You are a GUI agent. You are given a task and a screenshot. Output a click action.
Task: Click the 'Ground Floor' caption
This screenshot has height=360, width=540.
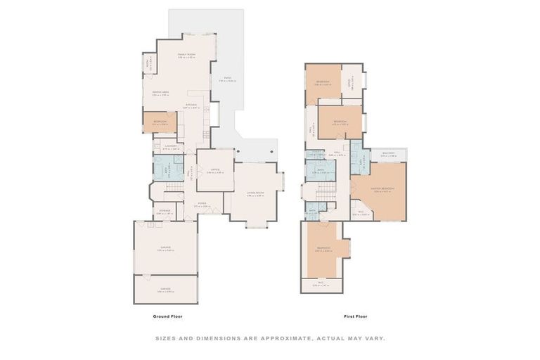[168, 316]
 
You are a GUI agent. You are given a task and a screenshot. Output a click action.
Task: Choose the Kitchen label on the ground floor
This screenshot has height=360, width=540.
[191, 105]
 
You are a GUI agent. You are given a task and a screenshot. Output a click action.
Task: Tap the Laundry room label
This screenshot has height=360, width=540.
[171, 147]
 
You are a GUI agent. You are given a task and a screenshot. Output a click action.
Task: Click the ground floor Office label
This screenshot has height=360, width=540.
[215, 170]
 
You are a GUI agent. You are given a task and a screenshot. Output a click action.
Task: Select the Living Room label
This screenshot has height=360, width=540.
[255, 193]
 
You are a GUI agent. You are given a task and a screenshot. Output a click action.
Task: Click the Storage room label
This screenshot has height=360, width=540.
[165, 210]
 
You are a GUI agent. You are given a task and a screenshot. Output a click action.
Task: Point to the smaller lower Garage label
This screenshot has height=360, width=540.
[165, 289]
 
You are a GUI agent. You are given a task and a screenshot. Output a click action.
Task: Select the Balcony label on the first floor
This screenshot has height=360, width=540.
[389, 154]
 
